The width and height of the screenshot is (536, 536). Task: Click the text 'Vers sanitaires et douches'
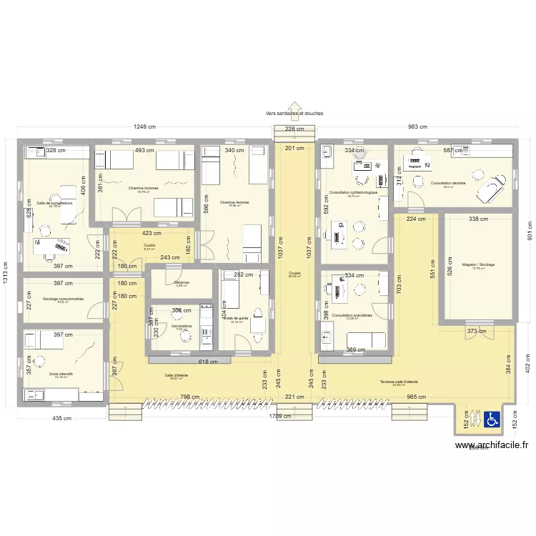point(294,113)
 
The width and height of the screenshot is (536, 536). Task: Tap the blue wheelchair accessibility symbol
point(492,420)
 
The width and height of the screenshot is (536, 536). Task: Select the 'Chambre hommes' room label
point(143,189)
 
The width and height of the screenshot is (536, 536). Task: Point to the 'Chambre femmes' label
point(234,202)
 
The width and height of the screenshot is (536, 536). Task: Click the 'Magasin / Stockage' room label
point(478,264)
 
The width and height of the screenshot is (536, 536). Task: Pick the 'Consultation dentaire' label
point(447,183)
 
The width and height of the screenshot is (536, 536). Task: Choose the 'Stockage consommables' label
point(63,299)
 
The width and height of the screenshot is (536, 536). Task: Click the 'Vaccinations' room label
point(182,326)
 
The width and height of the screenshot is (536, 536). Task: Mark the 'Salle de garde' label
point(235,318)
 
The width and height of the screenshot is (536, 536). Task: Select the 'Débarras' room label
point(182,282)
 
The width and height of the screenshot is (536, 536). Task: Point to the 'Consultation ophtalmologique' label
point(353,192)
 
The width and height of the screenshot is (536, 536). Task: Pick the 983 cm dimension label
point(417,127)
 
